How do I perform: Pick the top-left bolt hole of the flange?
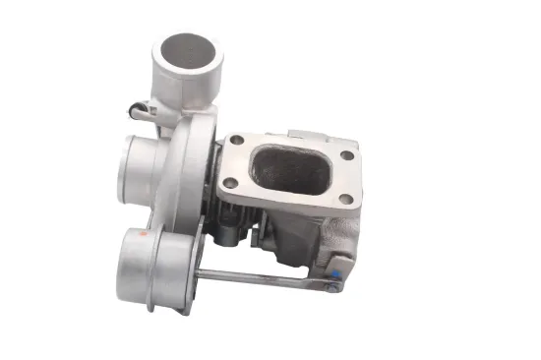pyautogui.click(x=236, y=142)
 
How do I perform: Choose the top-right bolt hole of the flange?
pyautogui.click(x=347, y=155)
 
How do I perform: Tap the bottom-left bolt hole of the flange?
pyautogui.click(x=229, y=183)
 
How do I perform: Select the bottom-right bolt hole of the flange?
pyautogui.click(x=343, y=199)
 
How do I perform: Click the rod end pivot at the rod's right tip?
pyautogui.click(x=333, y=287)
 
